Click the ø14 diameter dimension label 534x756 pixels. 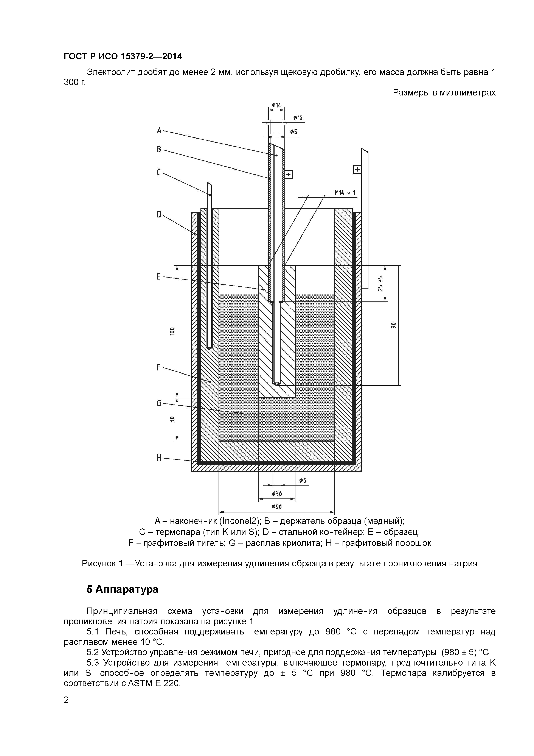pyautogui.click(x=276, y=105)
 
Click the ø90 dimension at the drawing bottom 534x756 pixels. pyautogui.click(x=276, y=507)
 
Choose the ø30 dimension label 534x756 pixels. pyautogui.click(x=276, y=494)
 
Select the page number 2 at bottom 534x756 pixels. pyautogui.click(x=66, y=700)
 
